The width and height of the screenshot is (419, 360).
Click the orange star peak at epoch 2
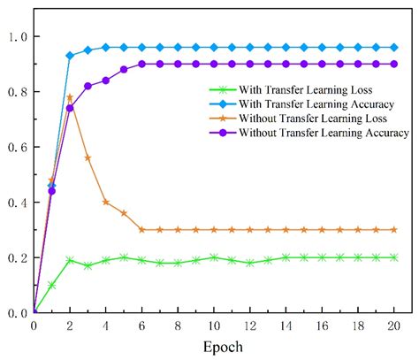[x=70, y=97]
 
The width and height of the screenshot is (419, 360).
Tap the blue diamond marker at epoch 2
[x=70, y=56]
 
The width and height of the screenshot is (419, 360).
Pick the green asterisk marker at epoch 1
[x=51, y=285]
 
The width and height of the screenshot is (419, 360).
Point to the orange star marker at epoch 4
[x=106, y=202]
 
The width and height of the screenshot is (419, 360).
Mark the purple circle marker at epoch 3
[x=88, y=86]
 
